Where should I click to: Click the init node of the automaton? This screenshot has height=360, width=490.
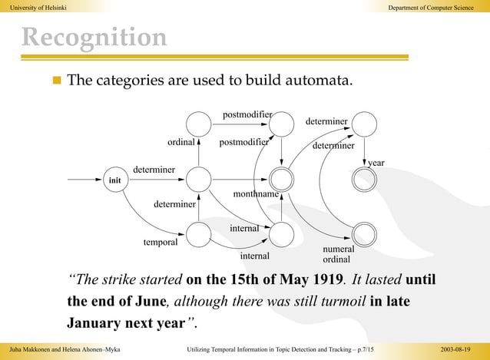point(115,180)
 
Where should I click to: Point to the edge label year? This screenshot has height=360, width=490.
point(376,163)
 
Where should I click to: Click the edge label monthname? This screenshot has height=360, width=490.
point(256,195)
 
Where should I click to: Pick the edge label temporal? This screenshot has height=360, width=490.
point(161,242)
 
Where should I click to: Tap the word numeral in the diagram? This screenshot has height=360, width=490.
point(338,249)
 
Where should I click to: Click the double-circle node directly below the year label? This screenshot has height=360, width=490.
point(363,180)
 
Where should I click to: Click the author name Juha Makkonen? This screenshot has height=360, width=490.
point(29,350)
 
